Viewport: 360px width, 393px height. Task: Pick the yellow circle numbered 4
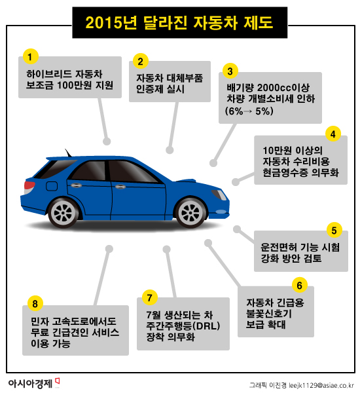click(333, 134)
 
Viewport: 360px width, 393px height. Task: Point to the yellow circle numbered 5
click(334, 230)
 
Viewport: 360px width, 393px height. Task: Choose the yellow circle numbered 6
click(299, 285)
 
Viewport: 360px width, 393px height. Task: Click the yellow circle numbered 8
click(36, 303)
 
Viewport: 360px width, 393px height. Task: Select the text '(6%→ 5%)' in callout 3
click(249, 112)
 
